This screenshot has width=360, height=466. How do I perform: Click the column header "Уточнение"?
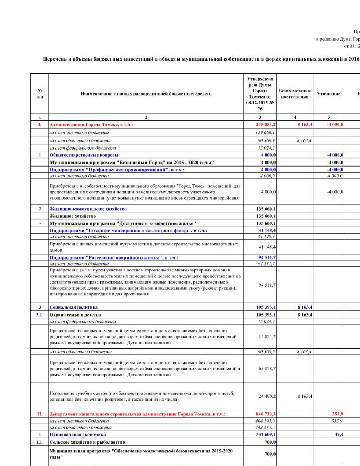tap(328, 94)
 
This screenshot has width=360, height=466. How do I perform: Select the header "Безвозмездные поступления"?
tap(294, 94)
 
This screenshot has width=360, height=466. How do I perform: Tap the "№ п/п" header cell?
tap(40, 94)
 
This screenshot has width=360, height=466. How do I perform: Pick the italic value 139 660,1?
tap(265, 132)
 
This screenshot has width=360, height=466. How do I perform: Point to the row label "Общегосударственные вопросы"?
tap(84, 155)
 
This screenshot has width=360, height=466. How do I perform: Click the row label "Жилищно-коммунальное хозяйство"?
tap(88, 209)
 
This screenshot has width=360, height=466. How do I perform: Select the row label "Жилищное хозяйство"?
tap(73, 216)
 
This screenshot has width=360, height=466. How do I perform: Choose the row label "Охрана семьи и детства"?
tap(75, 315)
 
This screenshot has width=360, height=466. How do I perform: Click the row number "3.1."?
tap(40, 315)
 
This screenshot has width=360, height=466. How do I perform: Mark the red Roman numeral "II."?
tap(40, 414)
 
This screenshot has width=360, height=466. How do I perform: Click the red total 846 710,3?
tap(265, 414)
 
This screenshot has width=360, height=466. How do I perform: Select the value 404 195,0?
tap(265, 421)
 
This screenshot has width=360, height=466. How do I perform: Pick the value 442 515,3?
tap(265, 427)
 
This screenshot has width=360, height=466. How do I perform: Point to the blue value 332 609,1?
tap(266, 434)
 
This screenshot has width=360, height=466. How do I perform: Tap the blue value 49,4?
tap(339, 434)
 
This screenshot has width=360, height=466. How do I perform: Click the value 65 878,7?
tap(267, 369)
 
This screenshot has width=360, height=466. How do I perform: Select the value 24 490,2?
tap(267, 396)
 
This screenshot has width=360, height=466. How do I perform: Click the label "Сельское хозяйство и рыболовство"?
tap(87, 442)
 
